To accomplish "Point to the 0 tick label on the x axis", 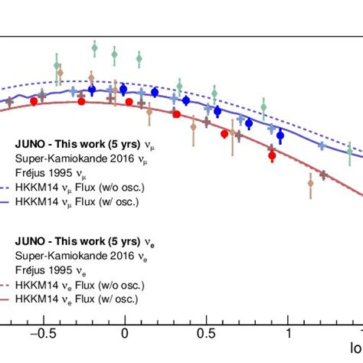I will [x=124, y=333].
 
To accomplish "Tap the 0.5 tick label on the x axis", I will [x=205, y=333].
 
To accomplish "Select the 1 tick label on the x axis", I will [x=289, y=333].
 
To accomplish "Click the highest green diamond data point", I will [x=94, y=48].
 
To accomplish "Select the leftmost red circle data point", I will [x=34, y=99].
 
